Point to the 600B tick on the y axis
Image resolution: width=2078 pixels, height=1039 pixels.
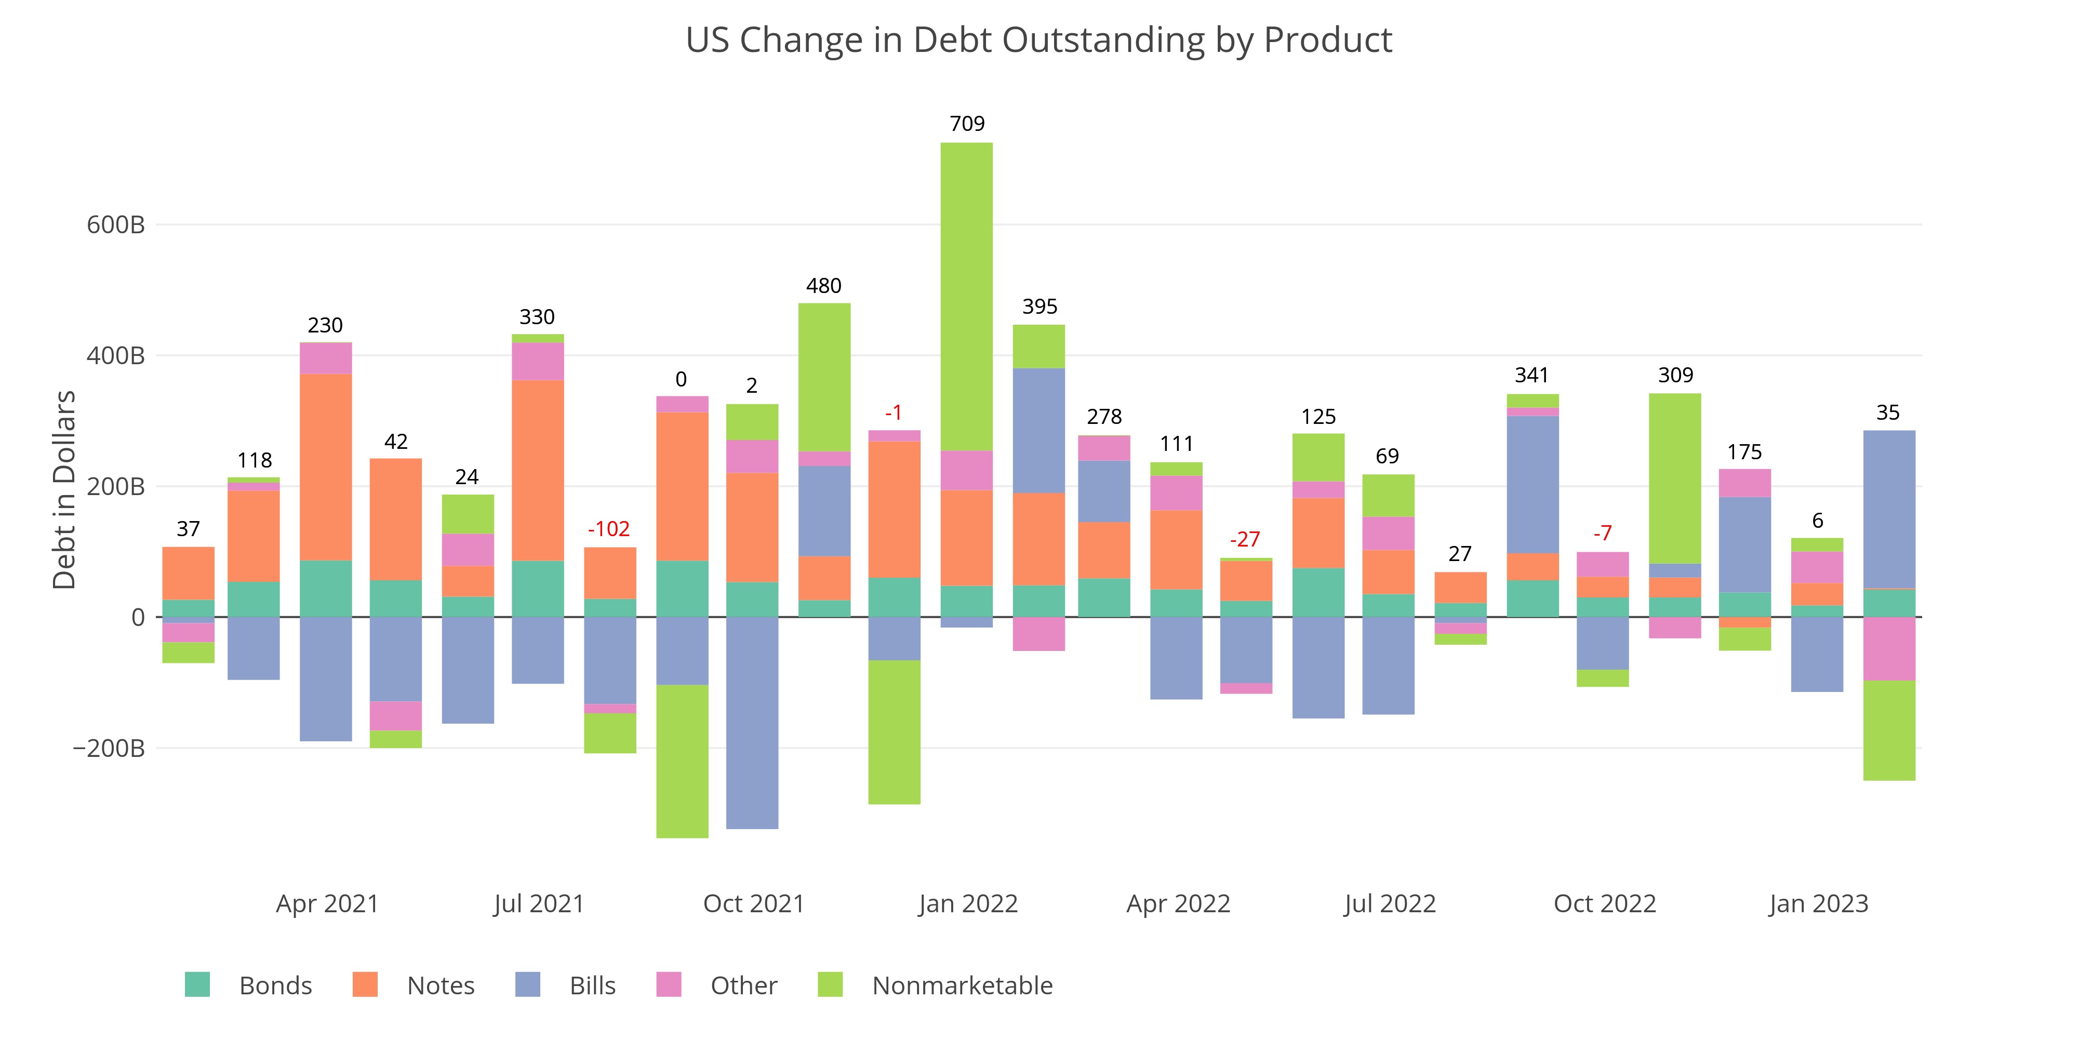point(115,224)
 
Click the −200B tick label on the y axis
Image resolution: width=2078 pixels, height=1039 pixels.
point(109,749)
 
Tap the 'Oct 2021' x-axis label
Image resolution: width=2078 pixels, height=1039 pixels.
point(753,903)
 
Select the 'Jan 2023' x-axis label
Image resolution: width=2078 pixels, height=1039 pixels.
point(1818,903)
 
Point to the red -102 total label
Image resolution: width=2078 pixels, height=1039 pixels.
point(608,529)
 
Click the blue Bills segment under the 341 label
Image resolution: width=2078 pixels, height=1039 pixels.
point(1532,485)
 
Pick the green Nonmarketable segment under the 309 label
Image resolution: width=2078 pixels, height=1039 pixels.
point(1675,478)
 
